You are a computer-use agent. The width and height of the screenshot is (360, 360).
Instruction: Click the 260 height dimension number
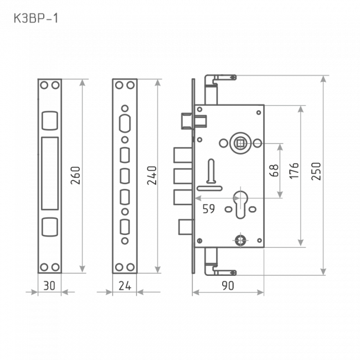[76, 176]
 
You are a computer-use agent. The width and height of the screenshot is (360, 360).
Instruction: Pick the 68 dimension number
[274, 171]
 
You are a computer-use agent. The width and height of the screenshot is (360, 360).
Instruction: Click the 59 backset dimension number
[208, 210]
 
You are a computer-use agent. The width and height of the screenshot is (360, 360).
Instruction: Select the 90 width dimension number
[228, 286]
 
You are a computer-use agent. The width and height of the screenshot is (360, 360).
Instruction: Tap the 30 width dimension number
[49, 286]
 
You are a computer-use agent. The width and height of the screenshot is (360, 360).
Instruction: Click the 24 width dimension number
[124, 286]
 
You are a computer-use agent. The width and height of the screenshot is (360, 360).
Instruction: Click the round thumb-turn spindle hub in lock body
[240, 143]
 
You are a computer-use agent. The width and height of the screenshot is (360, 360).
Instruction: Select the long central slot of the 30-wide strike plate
[49, 174]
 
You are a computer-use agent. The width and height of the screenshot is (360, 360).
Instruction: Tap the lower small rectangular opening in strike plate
[49, 227]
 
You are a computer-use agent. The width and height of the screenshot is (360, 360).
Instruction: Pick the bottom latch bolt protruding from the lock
[184, 226]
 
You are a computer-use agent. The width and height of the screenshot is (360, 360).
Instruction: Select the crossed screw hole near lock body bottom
[240, 239]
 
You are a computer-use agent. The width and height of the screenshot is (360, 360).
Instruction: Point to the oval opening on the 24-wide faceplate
[124, 122]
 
